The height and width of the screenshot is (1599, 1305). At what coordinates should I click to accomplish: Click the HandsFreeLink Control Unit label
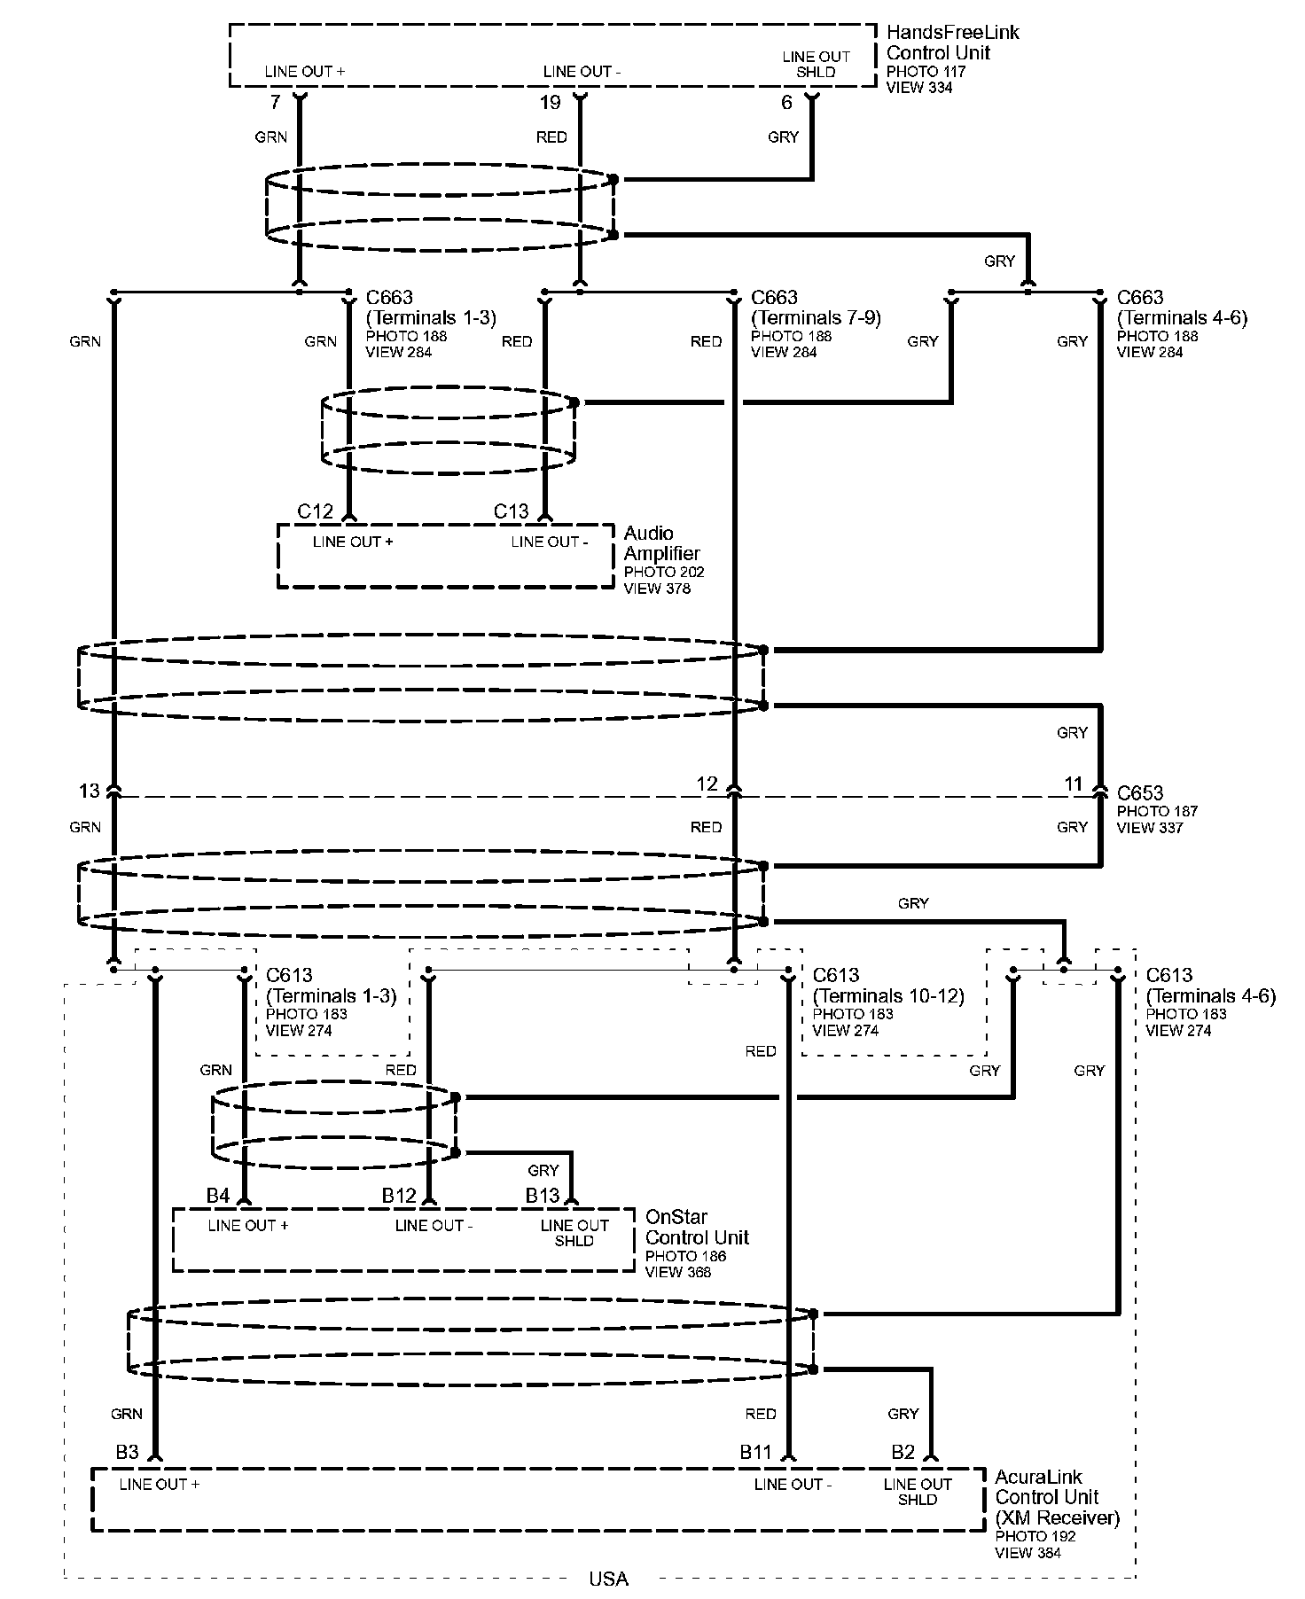952,43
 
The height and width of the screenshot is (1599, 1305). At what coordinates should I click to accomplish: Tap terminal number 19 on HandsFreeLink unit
551,103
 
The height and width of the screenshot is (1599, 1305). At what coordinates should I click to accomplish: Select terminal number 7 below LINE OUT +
275,103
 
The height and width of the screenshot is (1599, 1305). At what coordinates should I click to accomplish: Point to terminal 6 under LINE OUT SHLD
786,103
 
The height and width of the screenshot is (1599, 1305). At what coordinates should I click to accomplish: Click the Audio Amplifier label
661,543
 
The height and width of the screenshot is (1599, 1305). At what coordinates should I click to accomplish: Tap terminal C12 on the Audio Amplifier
315,511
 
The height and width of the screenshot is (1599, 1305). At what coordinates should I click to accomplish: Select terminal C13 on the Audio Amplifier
511,511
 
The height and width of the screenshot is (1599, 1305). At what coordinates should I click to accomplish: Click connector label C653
1140,793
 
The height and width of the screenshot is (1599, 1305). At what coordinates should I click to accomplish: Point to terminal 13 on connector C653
90,790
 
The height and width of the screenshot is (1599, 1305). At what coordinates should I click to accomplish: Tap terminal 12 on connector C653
707,784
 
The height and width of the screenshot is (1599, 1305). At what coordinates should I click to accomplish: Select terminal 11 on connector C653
1074,784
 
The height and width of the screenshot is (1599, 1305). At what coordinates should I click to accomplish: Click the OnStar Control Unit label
697,1228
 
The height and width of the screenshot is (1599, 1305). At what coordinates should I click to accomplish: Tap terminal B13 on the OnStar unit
543,1196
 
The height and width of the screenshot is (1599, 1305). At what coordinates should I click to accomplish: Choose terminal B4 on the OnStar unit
218,1196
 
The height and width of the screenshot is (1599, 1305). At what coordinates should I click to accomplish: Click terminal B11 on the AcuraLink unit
756,1452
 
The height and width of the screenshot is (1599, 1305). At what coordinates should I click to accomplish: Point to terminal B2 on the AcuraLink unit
903,1452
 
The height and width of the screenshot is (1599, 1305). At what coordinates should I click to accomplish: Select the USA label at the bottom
608,1579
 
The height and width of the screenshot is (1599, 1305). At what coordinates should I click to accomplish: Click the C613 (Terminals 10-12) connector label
887,986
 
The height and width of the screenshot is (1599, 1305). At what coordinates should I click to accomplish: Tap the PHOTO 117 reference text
926,72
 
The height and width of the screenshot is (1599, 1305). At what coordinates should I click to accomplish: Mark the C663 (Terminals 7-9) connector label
816,308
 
